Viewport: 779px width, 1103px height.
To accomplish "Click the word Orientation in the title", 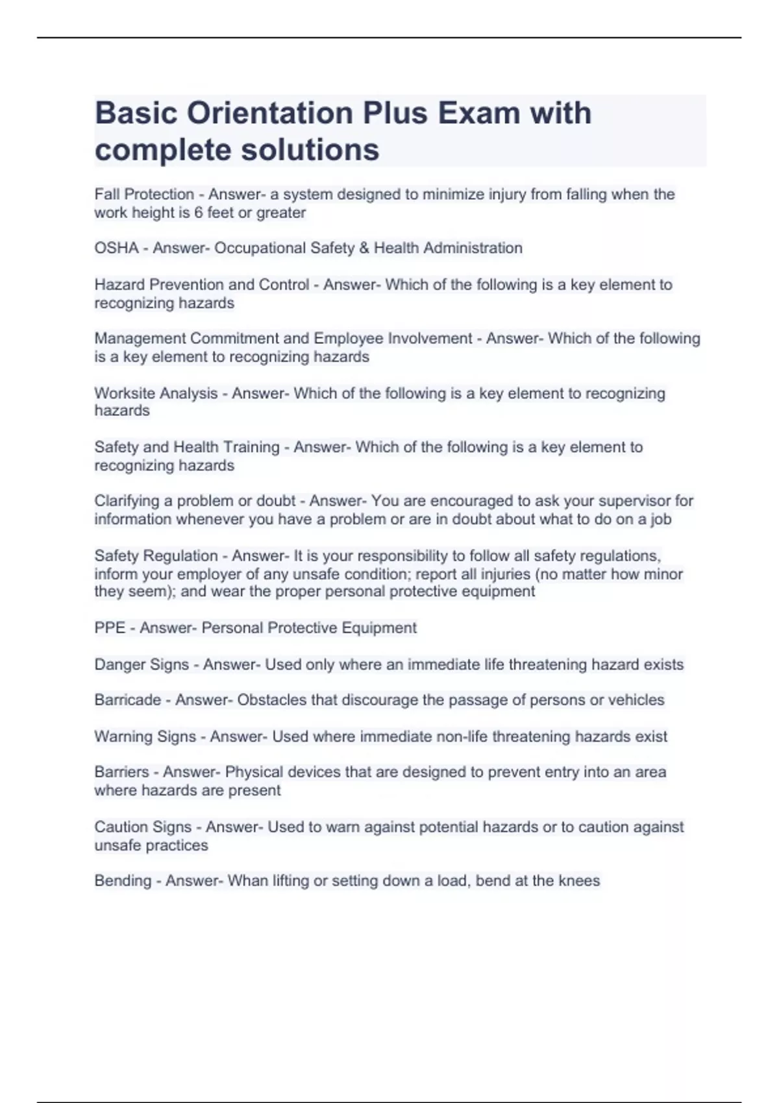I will tap(269, 113).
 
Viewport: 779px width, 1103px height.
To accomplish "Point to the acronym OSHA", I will tap(116, 248).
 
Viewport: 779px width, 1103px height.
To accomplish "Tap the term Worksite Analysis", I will tap(156, 393).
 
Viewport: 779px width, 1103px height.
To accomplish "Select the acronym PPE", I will tap(110, 628).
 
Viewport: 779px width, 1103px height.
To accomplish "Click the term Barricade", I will tap(127, 700).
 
